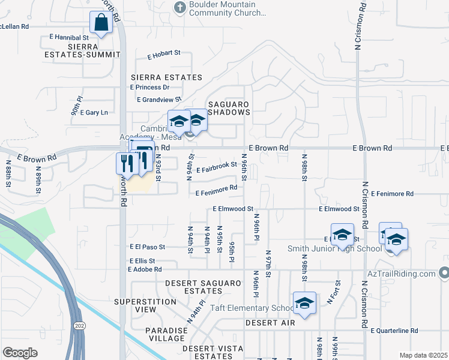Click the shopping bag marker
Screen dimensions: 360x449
click(x=101, y=23)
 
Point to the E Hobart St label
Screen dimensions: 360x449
click(x=164, y=53)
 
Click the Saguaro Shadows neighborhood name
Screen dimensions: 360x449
click(x=229, y=108)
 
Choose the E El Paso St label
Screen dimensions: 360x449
click(x=147, y=247)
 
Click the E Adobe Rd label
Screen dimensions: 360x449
click(x=145, y=269)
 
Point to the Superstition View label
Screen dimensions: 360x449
click(x=143, y=305)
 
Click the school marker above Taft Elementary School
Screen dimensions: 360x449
click(x=304, y=303)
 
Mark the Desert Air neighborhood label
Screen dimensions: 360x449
click(x=270, y=323)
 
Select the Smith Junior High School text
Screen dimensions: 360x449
click(x=334, y=249)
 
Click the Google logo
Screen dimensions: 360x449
click(x=20, y=353)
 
